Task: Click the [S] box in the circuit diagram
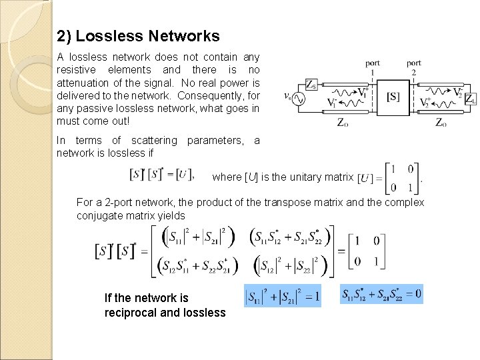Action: coord(393,97)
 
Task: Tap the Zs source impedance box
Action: coord(311,85)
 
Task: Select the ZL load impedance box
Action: coord(470,99)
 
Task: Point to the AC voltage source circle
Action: coord(295,99)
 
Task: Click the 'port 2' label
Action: coord(414,67)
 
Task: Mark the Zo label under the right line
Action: coord(441,123)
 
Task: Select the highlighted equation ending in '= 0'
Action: coord(381,294)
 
